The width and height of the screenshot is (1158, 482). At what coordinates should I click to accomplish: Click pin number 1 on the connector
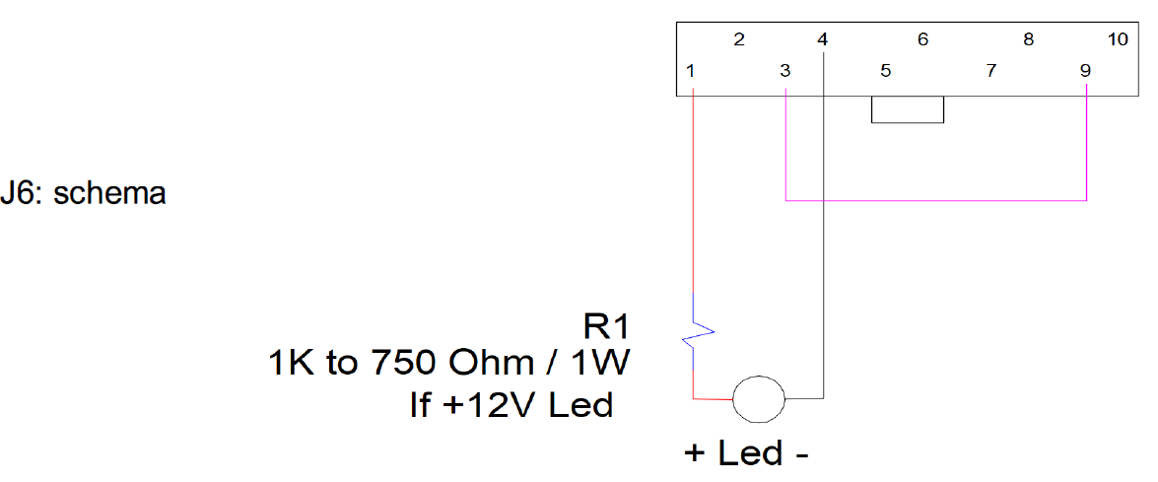click(690, 72)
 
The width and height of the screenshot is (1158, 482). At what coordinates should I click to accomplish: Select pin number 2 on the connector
click(738, 39)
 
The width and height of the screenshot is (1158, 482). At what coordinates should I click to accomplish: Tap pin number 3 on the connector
click(785, 72)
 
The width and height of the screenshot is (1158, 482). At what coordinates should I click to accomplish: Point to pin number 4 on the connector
click(824, 39)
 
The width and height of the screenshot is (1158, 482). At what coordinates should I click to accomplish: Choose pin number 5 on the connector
click(885, 72)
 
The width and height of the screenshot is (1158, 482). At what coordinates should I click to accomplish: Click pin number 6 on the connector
click(923, 39)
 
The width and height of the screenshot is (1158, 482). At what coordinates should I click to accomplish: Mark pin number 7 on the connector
click(991, 72)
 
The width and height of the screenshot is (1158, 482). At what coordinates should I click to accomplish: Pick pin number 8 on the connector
click(1028, 39)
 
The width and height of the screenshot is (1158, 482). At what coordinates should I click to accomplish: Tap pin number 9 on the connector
click(1084, 72)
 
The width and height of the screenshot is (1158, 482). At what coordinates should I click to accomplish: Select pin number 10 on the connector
click(1119, 39)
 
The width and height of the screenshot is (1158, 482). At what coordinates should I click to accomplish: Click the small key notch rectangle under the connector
click(908, 122)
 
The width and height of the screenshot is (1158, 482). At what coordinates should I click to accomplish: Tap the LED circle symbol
click(759, 398)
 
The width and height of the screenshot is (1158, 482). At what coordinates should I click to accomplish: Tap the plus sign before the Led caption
click(693, 452)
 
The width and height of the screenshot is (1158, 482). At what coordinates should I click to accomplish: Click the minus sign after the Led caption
click(802, 455)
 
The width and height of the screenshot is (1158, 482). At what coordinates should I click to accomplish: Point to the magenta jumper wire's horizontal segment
click(936, 200)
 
